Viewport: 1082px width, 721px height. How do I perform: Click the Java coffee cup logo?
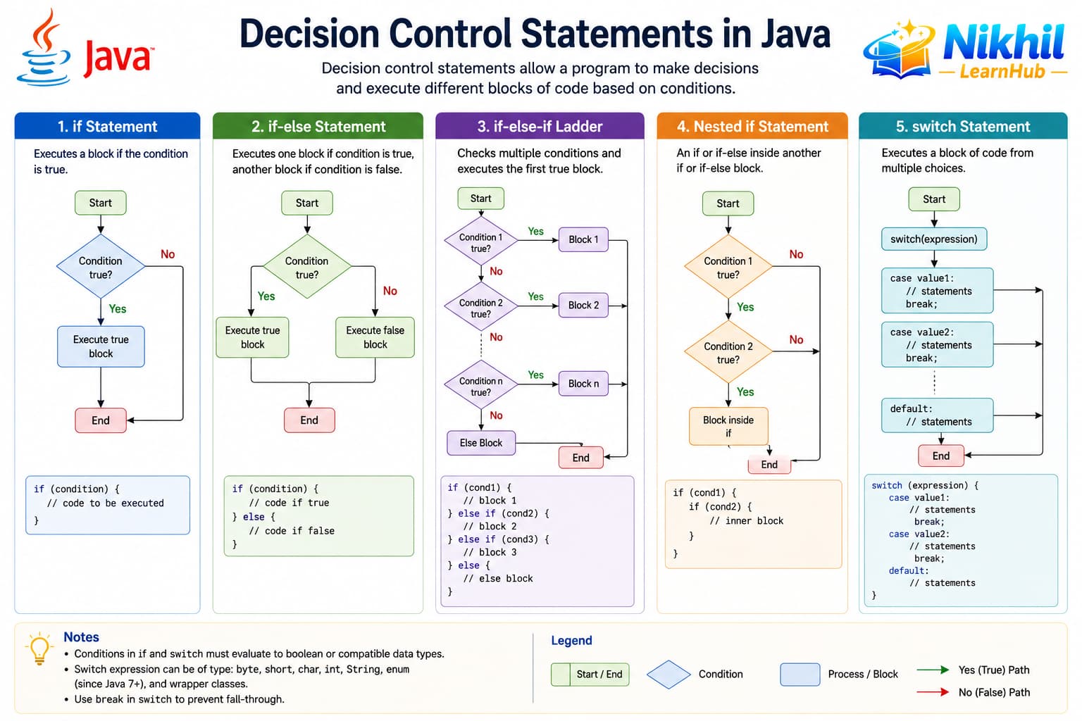coord(44,49)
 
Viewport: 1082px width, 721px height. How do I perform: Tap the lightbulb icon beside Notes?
coord(39,648)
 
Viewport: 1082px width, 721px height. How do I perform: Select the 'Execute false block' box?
coord(375,337)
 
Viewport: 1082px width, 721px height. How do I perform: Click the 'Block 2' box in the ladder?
coord(583,305)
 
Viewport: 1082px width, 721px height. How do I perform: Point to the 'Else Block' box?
coord(481,443)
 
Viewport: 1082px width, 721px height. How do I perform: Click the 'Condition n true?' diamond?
coord(480,385)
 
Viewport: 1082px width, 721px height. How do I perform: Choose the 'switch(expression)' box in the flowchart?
coord(933,239)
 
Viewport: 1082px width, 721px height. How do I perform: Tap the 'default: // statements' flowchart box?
coord(937,415)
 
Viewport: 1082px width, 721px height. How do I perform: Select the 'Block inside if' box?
coord(728,427)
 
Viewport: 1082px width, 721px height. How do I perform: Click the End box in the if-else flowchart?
coord(309,420)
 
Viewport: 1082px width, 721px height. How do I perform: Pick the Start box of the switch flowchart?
coord(933,199)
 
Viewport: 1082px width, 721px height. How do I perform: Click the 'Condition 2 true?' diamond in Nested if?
coord(728,352)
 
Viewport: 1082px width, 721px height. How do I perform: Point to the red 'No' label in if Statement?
coord(168,254)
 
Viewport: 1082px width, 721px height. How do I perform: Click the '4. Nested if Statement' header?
coord(752,126)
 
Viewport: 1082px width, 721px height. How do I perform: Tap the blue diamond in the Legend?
coord(669,674)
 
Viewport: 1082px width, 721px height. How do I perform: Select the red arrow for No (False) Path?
coord(933,692)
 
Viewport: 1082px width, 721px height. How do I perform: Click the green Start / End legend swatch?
coord(590,674)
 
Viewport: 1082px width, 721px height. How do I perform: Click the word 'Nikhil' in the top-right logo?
coord(1004,42)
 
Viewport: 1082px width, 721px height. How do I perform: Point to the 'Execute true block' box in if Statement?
coord(101,346)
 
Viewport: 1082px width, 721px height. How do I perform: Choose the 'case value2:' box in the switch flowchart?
coord(937,345)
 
